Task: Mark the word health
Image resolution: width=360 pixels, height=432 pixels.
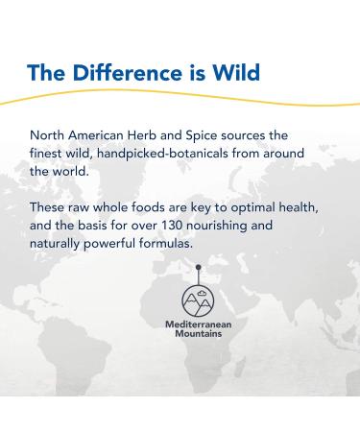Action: tap(313, 208)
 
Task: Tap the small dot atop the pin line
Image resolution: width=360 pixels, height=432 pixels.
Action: tap(198, 267)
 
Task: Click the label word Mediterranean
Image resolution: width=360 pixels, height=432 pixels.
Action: tap(198, 325)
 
